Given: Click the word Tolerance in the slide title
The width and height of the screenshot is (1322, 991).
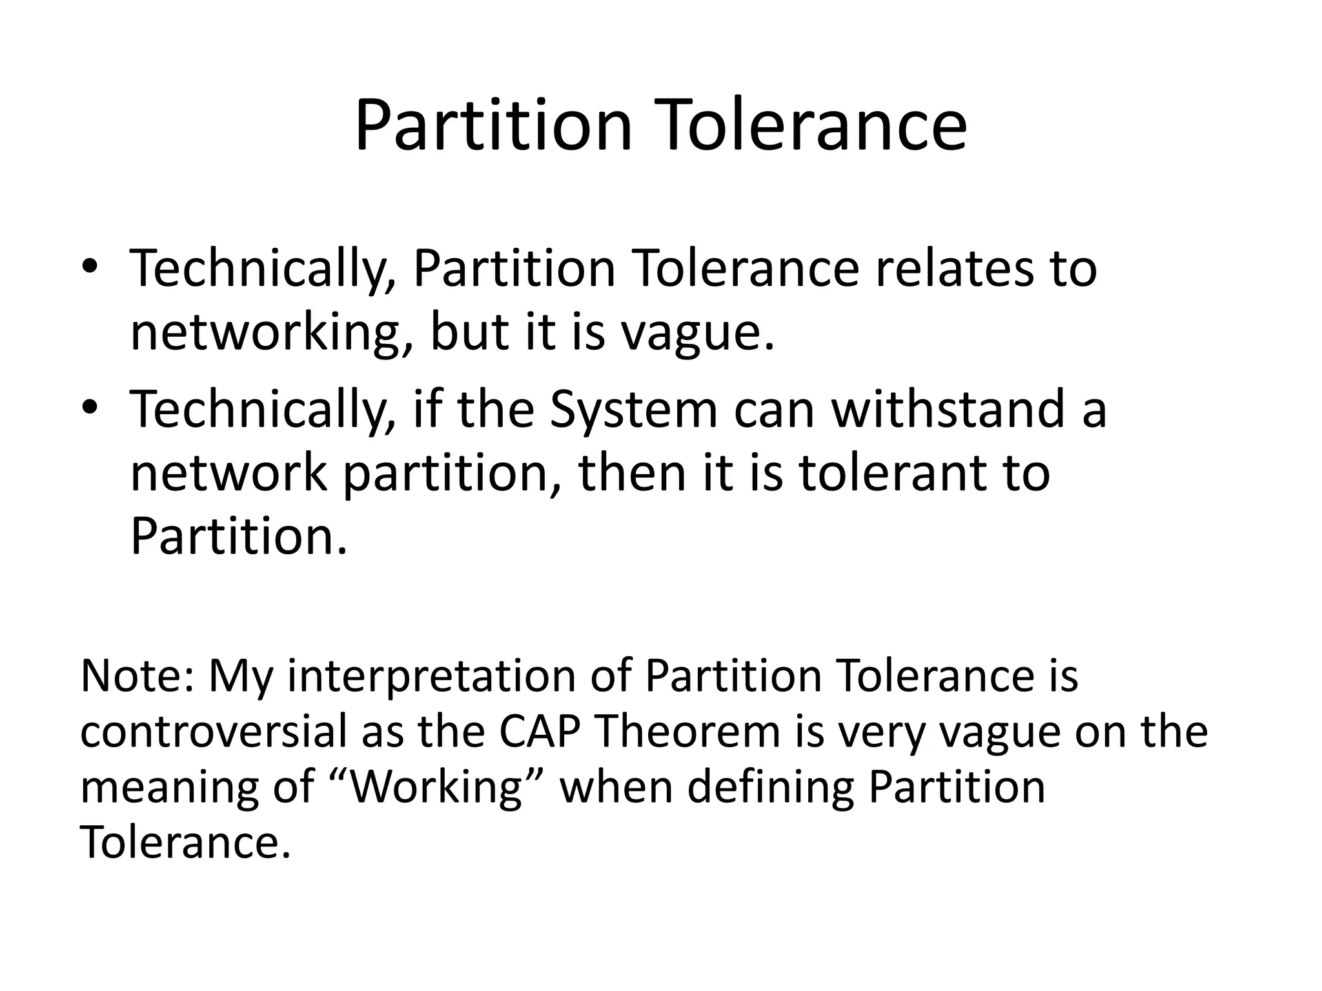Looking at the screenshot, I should (815, 126).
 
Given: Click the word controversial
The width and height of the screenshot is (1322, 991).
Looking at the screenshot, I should (214, 732).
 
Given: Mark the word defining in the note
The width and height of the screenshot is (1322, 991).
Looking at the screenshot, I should (770, 788).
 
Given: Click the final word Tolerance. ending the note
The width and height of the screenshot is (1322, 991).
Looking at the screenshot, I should (185, 842).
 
